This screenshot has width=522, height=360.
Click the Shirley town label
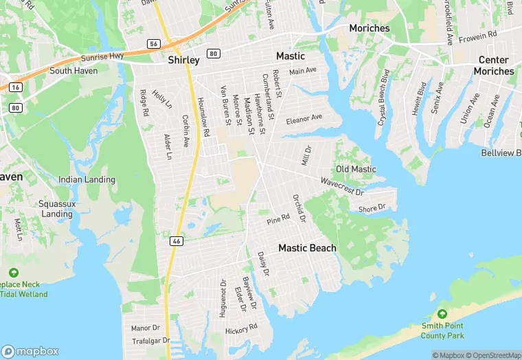pyautogui.click(x=184, y=60)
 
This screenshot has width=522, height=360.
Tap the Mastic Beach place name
pyautogui.click(x=307, y=248)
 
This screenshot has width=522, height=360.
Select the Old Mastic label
pyautogui.click(x=356, y=169)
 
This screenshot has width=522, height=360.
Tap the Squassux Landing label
pyautogui.click(x=56, y=209)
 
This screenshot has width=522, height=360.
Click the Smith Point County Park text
pyautogui.click(x=443, y=330)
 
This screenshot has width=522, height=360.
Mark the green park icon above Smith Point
pyautogui.click(x=443, y=314)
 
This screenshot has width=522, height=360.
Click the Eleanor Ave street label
pyautogui.click(x=304, y=117)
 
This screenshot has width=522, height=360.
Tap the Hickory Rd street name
pyautogui.click(x=241, y=329)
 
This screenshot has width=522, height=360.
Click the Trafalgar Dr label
pyautogui.click(x=150, y=340)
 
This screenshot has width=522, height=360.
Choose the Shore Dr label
pyautogui.click(x=373, y=207)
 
